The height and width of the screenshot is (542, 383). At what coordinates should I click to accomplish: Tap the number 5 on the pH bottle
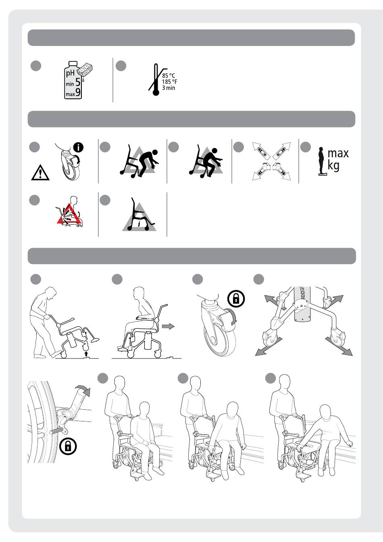pos(78,82)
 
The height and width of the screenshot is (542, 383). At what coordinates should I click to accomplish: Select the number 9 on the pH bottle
pos(78,92)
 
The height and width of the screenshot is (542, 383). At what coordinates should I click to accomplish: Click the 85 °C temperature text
pos(169,76)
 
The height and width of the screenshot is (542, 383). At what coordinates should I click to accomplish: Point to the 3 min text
pos(169,88)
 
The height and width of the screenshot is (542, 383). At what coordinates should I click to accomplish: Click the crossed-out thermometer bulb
pos(156,92)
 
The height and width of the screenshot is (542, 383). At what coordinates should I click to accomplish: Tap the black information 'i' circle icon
pos(78,147)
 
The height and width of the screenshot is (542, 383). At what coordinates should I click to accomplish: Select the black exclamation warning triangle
pos(40,172)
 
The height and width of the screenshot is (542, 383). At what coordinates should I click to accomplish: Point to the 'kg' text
pos(333,166)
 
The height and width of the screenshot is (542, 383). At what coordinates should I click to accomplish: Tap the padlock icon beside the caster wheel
pos(236,298)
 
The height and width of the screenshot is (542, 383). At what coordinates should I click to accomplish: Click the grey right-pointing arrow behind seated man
pos(168,326)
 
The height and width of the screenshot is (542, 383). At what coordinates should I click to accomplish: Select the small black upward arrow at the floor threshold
pos(86,354)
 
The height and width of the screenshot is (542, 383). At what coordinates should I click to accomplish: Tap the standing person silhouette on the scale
pos(321,161)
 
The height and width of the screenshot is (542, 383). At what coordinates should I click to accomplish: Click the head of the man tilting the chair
pos(51,293)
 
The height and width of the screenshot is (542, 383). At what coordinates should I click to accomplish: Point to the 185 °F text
pos(169,82)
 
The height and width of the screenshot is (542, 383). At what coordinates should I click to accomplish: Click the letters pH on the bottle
pos(70,73)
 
